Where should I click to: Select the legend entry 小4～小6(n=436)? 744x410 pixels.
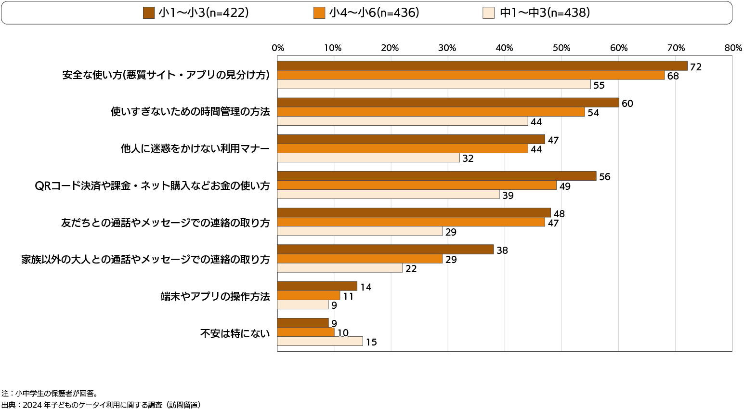366,13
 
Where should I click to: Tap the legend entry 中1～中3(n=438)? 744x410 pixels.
537,13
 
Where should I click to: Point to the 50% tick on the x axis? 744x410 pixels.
561,48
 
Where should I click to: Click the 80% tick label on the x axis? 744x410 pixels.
732,48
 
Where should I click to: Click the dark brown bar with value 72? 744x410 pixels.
482,66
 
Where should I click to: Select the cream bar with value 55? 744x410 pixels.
434,85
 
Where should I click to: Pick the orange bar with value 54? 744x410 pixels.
431,112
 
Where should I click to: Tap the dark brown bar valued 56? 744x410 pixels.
437,176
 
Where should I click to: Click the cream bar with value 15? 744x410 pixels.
320,342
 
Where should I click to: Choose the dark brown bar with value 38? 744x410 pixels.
385,250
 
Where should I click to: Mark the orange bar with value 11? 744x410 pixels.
309,296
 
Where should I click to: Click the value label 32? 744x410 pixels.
468,159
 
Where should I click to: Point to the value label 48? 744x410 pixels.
559,213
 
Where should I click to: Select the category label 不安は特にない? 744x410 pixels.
235,333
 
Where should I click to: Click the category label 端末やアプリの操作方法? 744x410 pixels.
215,296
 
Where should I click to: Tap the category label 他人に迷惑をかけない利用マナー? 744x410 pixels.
195,149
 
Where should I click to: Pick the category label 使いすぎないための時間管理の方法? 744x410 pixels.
190,112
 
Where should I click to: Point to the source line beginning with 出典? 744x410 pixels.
101,405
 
